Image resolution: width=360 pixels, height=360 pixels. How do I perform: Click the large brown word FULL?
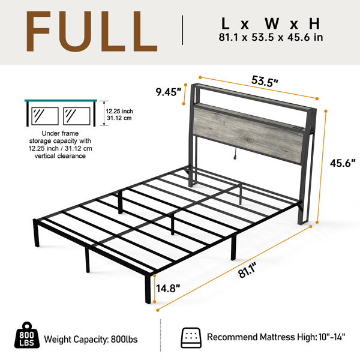[x=92, y=31]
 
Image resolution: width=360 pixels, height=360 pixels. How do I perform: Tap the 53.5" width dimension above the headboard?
[x=265, y=81]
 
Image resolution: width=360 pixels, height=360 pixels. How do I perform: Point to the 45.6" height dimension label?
[x=343, y=163]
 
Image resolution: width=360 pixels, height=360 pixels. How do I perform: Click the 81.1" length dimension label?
[x=247, y=271]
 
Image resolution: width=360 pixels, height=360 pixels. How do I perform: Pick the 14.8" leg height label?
[x=168, y=289]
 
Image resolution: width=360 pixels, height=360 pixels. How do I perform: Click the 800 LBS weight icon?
[x=27, y=335]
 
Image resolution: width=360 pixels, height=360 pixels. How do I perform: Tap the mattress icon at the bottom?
[x=191, y=337]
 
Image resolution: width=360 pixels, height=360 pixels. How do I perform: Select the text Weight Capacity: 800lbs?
[x=91, y=340]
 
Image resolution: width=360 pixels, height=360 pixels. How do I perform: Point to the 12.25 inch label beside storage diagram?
[x=119, y=112]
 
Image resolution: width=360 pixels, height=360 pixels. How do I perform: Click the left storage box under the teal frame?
[x=45, y=116]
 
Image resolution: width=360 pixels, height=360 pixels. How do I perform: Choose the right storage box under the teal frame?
[x=76, y=116]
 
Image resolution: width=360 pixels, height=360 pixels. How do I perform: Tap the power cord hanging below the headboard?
[x=235, y=154]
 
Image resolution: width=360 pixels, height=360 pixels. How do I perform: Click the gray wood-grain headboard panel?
[x=248, y=135]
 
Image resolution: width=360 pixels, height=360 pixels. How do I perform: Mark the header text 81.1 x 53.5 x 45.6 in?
[x=271, y=37]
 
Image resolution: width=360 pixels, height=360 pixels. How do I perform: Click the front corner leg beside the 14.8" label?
[x=148, y=289]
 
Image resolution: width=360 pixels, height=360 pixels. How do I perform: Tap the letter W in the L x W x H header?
[x=272, y=23]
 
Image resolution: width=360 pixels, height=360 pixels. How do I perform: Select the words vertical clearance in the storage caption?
[x=60, y=156]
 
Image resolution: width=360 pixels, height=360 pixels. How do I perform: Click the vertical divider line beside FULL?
[x=182, y=30]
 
